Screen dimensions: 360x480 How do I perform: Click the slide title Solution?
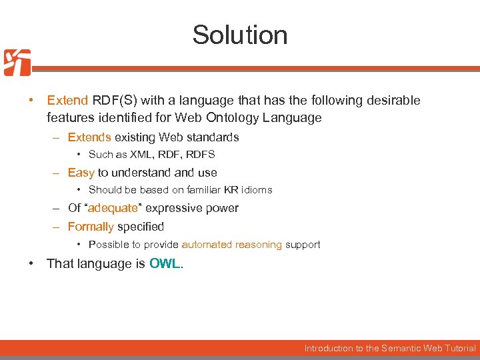[240, 35]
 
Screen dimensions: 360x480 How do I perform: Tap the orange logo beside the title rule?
[17, 63]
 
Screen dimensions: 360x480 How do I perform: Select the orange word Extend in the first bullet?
[67, 101]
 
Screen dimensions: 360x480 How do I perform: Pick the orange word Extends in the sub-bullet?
[89, 137]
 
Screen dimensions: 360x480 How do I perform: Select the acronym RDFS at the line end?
[201, 155]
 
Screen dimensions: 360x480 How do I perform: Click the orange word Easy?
[81, 173]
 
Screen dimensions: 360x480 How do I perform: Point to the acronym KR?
[232, 190]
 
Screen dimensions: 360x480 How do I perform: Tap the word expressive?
[173, 208]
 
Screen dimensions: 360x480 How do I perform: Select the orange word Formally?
[91, 227]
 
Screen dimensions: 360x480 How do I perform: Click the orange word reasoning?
[259, 245]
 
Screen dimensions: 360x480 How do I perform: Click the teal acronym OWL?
[165, 263]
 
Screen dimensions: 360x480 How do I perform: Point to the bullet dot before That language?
[31, 263]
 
